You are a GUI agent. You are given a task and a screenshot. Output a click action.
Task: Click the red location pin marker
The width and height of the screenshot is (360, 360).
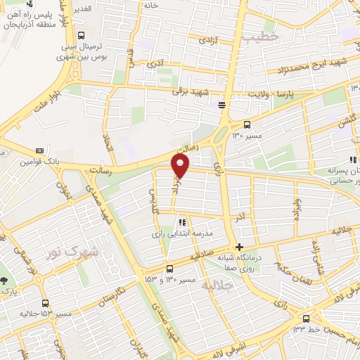click(x=181, y=165)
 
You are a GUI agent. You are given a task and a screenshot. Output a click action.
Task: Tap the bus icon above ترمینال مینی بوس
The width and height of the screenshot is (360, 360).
click(x=82, y=35)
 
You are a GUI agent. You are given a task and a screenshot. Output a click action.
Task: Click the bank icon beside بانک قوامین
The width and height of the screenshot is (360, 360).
click(x=39, y=150)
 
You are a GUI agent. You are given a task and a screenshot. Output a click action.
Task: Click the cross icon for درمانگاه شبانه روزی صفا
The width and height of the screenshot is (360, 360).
click(x=240, y=247)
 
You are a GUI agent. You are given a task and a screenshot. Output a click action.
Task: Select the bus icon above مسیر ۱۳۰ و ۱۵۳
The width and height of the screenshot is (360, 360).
click(x=169, y=269)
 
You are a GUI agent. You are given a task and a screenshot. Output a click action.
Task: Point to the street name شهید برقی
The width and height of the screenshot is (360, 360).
click(x=196, y=92)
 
